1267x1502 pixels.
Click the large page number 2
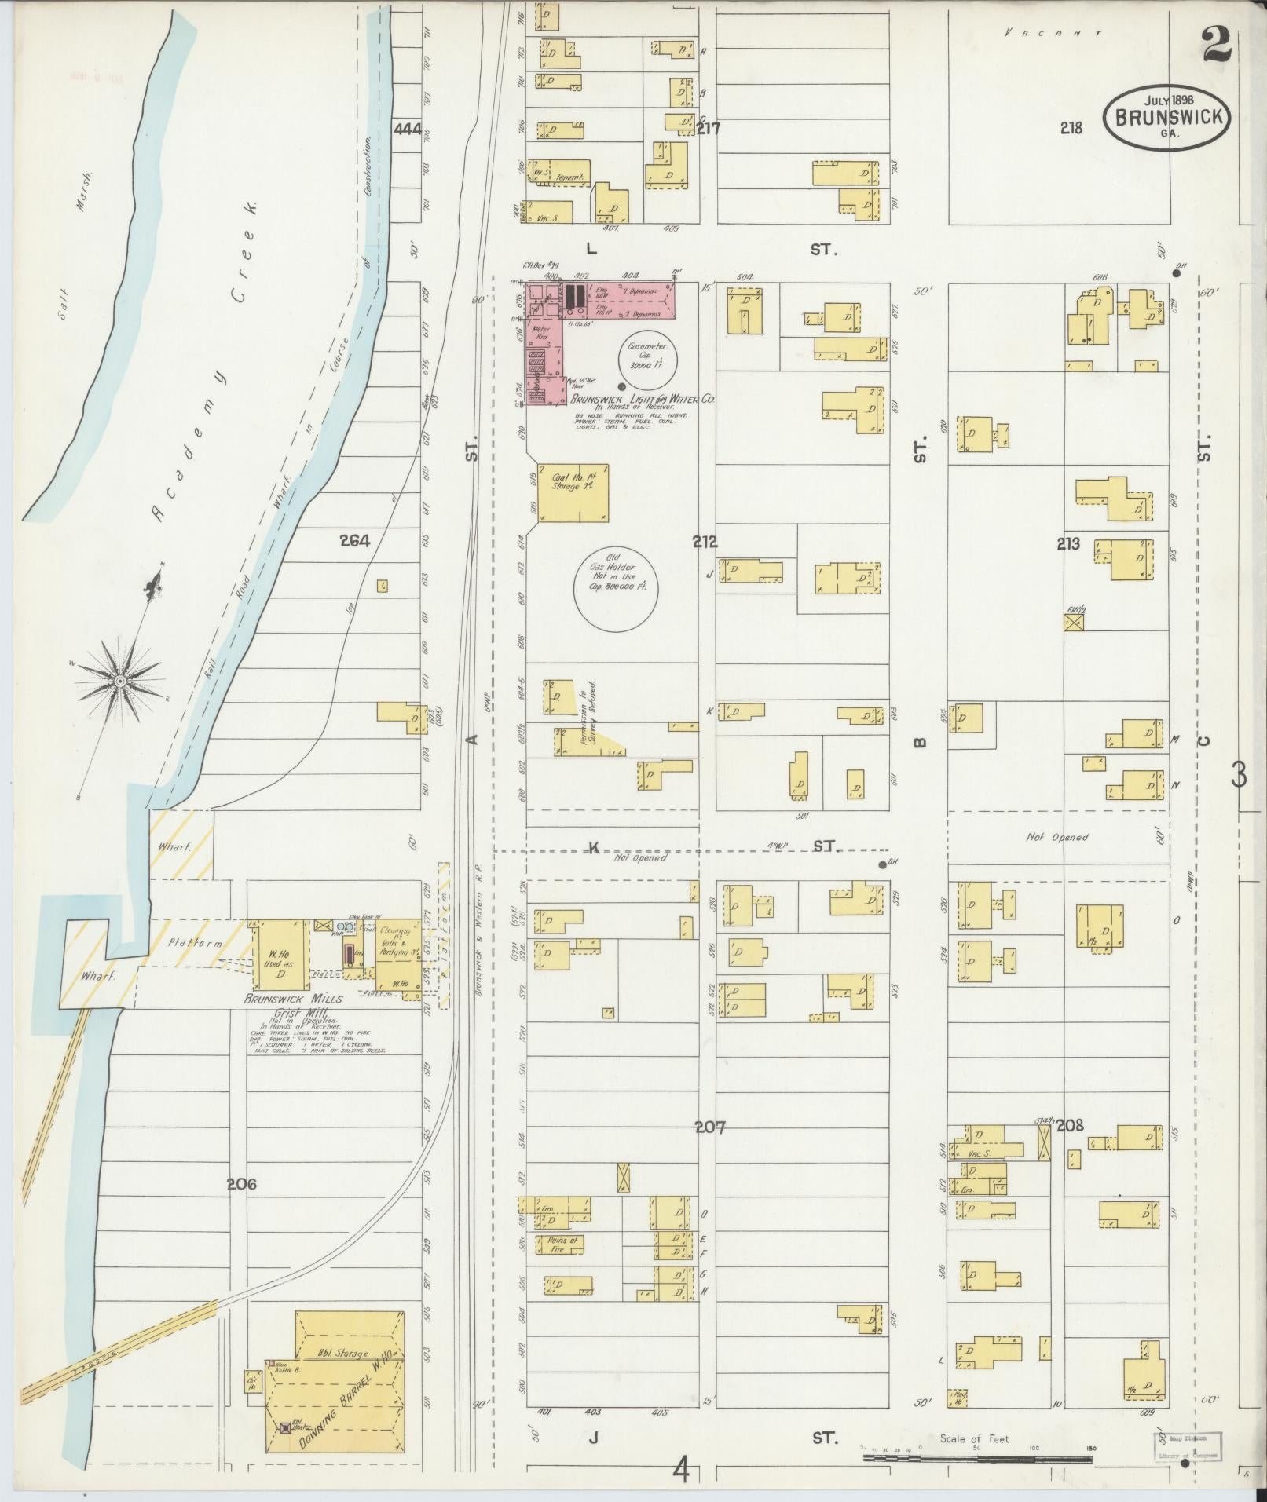point(1215,46)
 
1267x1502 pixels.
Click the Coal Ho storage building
point(573,492)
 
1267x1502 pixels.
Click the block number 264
point(354,540)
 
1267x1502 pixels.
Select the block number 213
point(1068,543)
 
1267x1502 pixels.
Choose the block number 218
point(1071,128)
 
